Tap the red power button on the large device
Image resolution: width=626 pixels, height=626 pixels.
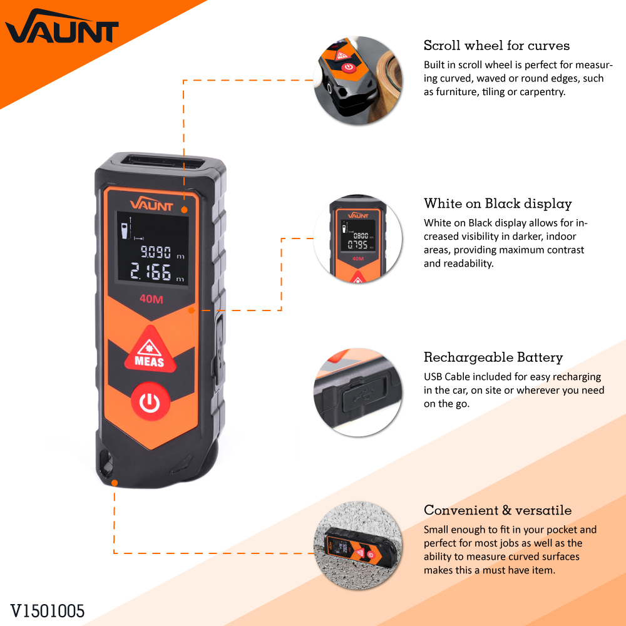(150, 402)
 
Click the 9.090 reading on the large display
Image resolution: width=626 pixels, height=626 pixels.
(156, 252)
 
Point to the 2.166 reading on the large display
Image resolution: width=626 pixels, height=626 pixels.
(151, 272)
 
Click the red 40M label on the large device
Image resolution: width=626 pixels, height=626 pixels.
(151, 299)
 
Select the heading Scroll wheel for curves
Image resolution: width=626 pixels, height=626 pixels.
(496, 46)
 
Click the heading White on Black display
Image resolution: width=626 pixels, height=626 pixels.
(498, 203)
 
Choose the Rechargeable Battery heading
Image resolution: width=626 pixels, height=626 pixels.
(493, 357)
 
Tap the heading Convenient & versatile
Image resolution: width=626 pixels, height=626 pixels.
(498, 510)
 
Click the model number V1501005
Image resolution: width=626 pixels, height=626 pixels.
(48, 611)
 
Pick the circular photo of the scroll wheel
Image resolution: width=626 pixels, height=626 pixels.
(357, 80)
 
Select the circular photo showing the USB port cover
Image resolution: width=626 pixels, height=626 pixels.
(357, 393)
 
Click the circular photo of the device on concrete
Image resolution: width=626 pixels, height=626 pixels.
(357, 546)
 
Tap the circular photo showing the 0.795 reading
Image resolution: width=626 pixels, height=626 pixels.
(357, 239)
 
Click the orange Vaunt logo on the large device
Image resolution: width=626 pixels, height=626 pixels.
(151, 204)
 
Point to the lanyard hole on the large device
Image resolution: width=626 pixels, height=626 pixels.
(106, 463)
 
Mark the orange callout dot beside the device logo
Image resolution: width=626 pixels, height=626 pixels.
(184, 210)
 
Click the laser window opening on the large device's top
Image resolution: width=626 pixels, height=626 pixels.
(163, 162)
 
